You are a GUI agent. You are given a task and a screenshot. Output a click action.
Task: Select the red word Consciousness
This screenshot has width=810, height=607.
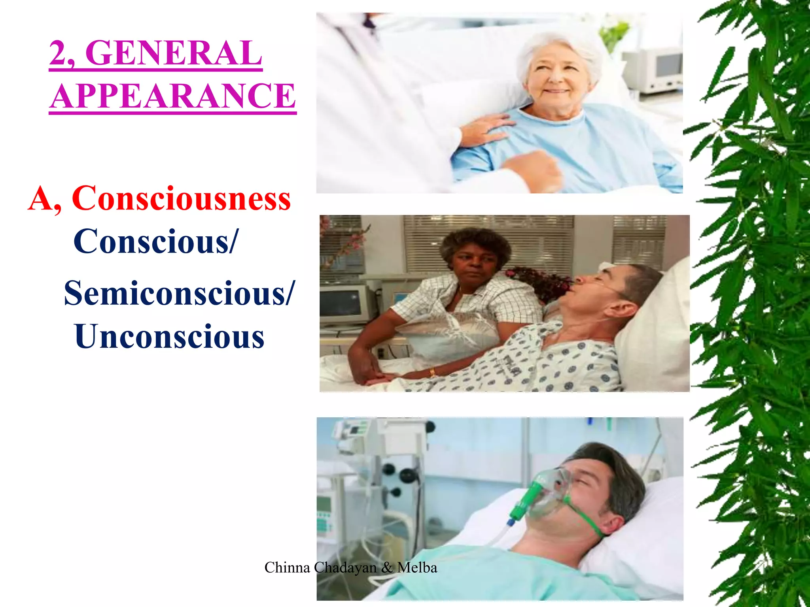(181, 198)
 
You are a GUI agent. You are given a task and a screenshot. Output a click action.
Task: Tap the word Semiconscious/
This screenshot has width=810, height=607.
(179, 293)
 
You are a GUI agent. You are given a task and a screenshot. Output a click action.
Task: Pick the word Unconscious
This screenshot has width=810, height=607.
(169, 337)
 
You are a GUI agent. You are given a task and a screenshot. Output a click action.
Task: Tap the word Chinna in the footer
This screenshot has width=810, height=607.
(287, 568)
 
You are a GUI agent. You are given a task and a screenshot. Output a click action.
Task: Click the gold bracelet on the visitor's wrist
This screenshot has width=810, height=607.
(432, 372)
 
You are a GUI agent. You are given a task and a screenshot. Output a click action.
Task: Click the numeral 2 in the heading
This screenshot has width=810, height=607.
(59, 53)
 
